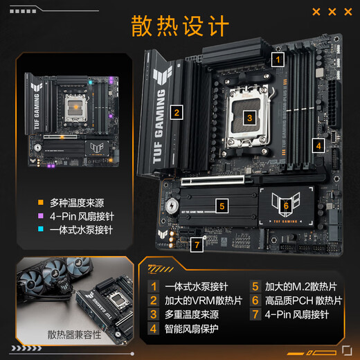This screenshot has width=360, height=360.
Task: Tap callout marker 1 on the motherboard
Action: [278, 60]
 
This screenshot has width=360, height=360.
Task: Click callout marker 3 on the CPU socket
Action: [249, 118]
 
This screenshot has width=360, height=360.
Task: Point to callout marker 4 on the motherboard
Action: [318, 145]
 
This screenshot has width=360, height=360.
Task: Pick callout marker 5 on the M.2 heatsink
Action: [221, 205]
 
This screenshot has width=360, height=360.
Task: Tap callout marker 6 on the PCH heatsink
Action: [285, 205]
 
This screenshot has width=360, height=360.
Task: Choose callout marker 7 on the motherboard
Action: [197, 244]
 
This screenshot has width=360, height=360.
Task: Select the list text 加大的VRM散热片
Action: [204, 300]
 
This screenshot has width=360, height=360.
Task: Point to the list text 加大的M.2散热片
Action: [298, 285]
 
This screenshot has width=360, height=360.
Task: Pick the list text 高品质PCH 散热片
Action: [303, 300]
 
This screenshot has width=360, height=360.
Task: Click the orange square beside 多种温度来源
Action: [41, 203]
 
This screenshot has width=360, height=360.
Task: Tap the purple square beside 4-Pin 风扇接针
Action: [41, 217]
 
